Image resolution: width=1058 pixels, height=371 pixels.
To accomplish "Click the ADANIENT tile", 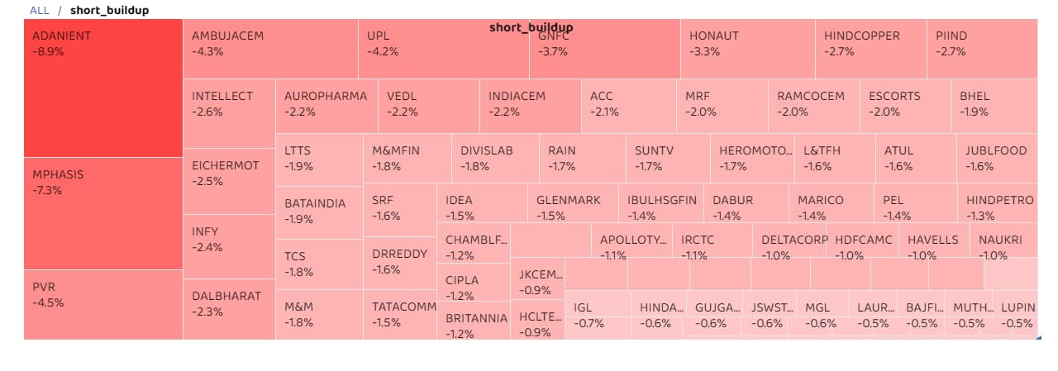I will click(102, 88).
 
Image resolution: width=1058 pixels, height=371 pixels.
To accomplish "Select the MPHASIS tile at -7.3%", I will click(102, 212).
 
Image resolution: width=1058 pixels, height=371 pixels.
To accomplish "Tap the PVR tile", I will click(102, 303).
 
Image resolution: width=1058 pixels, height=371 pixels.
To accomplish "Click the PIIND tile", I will click(983, 49).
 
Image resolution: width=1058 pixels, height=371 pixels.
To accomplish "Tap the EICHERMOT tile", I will click(228, 181).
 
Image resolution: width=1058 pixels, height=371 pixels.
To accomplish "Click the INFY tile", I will click(228, 245).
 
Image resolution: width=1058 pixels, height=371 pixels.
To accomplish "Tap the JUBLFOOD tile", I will click(996, 159).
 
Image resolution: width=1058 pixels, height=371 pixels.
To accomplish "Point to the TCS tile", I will click(318, 264).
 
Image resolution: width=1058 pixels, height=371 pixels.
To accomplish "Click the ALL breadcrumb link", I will click(39, 11).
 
